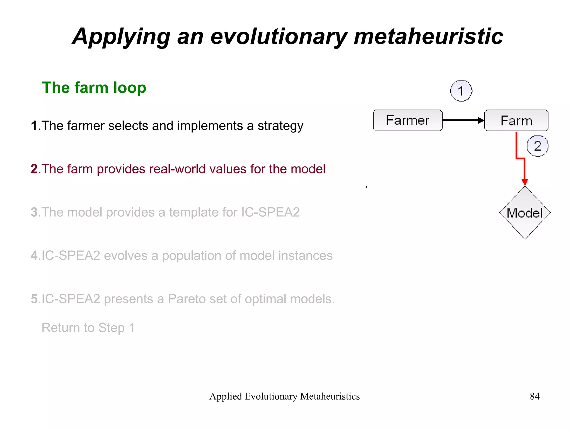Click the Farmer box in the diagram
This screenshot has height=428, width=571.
pos(407,120)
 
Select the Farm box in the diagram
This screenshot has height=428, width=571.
pos(516,120)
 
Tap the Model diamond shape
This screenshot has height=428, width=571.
pos(525,213)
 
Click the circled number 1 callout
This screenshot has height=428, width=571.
pos(461,91)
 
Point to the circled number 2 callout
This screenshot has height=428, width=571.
pos(537,146)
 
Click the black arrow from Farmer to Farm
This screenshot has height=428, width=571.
pos(463,120)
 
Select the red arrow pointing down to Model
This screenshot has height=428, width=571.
pos(524,170)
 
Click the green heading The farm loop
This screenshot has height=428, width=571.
pos(94,88)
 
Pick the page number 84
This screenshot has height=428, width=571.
pos(534,396)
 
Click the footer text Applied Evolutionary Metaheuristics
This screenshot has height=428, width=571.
pos(284,396)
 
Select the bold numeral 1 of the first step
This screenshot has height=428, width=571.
pos(34,125)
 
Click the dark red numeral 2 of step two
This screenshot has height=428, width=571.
pos(34,169)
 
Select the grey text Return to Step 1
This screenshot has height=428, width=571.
pos(88,328)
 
